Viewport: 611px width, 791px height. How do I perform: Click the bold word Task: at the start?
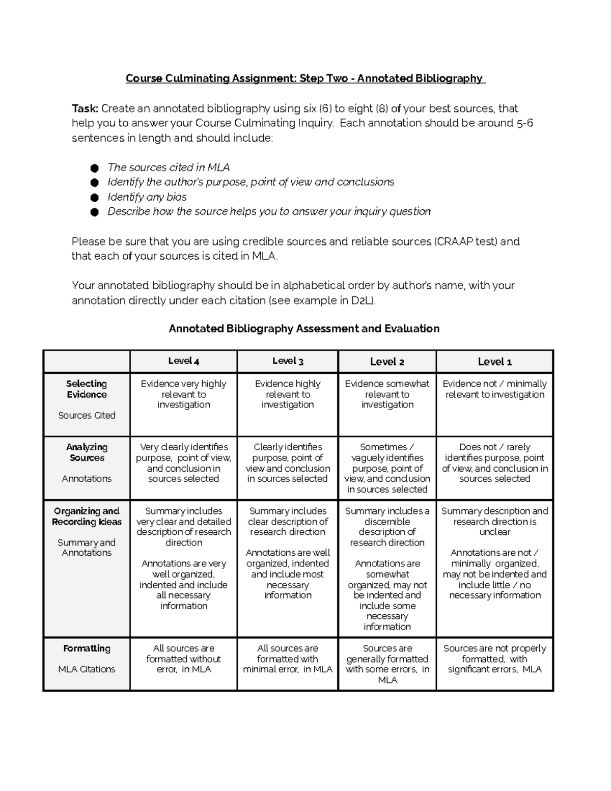click(85, 108)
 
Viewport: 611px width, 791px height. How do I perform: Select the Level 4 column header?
click(183, 361)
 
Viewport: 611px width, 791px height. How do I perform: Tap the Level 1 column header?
click(494, 362)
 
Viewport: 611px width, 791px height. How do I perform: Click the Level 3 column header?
click(288, 361)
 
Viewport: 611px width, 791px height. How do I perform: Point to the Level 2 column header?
click(387, 362)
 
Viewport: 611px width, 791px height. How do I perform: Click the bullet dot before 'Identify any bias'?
click(94, 198)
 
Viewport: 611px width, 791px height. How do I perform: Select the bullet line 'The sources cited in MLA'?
click(169, 168)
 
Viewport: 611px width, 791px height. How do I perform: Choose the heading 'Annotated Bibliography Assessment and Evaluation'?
click(304, 329)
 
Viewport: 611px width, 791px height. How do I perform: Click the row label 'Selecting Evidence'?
click(87, 389)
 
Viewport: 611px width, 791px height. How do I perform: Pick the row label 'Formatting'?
click(87, 648)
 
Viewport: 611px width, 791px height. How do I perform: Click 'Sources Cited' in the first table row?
click(87, 415)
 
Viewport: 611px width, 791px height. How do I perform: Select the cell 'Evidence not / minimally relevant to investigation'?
click(494, 389)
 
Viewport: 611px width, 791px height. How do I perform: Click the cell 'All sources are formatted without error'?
click(183, 659)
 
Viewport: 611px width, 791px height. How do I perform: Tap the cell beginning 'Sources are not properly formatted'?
click(494, 659)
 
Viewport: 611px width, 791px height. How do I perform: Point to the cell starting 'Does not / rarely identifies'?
click(494, 462)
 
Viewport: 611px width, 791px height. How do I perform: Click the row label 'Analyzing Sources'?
click(87, 452)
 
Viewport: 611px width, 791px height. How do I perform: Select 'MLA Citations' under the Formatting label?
click(87, 669)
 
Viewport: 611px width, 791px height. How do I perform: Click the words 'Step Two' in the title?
click(324, 78)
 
